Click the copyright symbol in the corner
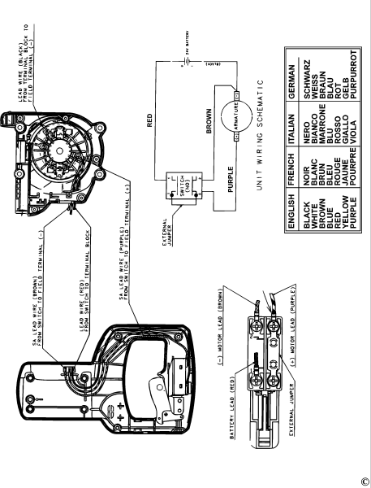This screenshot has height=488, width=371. pyautogui.click(x=365, y=481)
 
